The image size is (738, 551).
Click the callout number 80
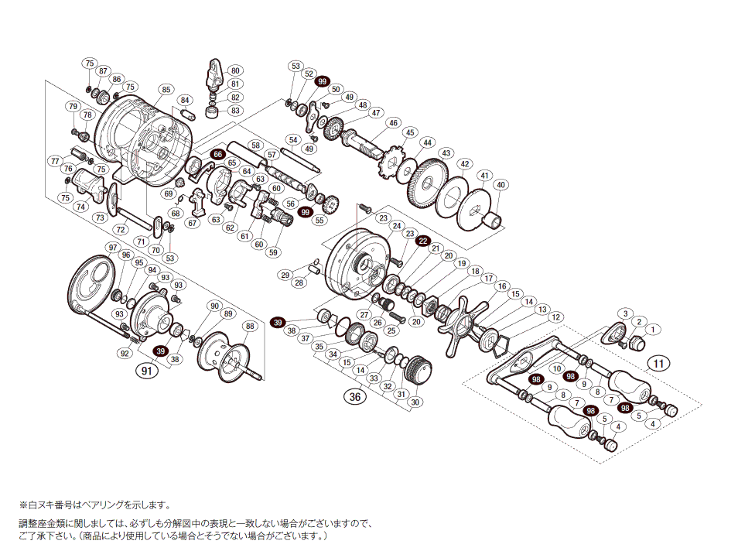[235, 70]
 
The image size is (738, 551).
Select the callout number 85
[166, 90]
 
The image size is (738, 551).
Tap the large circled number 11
[658, 363]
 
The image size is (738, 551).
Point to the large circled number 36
[355, 397]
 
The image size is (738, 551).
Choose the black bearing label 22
[423, 241]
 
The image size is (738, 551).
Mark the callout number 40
[501, 185]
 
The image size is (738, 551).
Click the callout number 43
[446, 154]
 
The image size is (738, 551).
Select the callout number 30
[415, 402]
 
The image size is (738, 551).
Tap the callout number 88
[249, 326]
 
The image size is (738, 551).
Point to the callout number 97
[113, 248]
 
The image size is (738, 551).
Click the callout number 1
[651, 330]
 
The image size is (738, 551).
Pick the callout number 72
[120, 230]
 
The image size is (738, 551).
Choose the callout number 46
[393, 123]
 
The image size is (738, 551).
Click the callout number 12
[555, 317]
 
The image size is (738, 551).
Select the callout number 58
[255, 145]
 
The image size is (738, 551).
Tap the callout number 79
[73, 106]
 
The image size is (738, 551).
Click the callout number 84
[184, 100]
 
